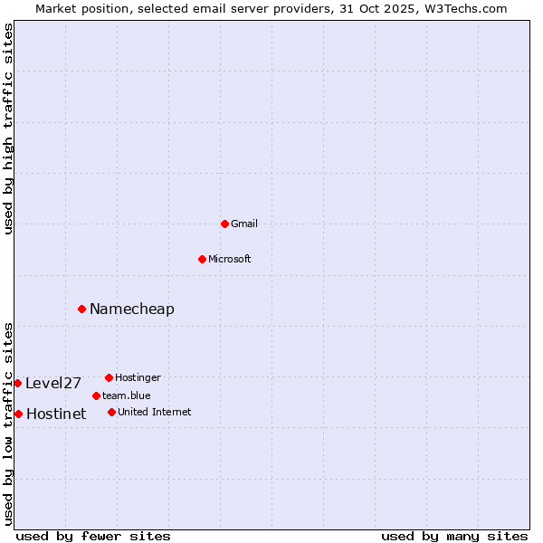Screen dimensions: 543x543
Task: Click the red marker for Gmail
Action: [x=224, y=224]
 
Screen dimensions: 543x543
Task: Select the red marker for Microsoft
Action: [x=202, y=259]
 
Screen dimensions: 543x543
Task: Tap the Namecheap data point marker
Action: [x=81, y=309]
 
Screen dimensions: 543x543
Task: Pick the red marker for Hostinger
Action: [x=109, y=377]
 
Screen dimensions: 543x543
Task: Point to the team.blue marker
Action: [x=96, y=395]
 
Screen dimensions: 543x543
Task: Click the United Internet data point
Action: [x=111, y=412]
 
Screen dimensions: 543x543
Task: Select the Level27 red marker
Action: [x=17, y=383]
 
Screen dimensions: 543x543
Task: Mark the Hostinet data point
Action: [x=18, y=414]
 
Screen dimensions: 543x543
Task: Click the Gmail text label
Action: [x=244, y=224]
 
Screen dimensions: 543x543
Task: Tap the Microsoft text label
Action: [x=230, y=259]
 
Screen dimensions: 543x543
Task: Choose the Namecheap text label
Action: [x=132, y=309]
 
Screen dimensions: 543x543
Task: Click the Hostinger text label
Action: [x=138, y=377]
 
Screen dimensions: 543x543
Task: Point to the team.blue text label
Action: [x=127, y=395]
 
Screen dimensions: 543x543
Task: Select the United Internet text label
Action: [x=155, y=412]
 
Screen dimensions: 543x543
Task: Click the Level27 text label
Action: [x=53, y=383]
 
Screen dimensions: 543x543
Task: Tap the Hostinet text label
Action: [x=56, y=414]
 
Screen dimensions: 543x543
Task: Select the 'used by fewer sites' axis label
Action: [x=93, y=536]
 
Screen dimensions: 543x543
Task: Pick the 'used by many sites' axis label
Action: [x=454, y=536]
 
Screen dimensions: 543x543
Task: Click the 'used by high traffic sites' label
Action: [x=8, y=129]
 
